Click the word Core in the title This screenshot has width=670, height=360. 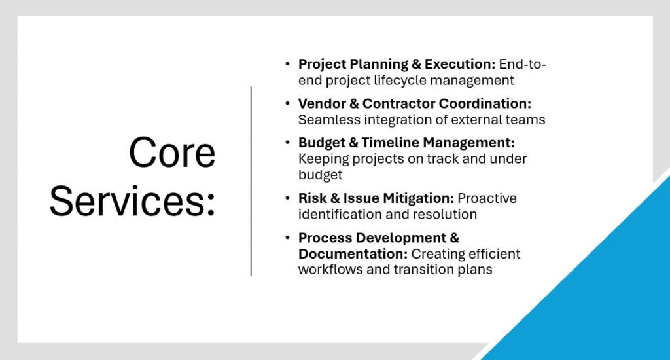tap(172, 153)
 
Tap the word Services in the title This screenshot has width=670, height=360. tap(128, 201)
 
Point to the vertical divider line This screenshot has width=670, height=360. tap(251, 181)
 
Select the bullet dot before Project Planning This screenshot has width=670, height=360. tap(288, 65)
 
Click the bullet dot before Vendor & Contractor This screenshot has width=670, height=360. tap(288, 104)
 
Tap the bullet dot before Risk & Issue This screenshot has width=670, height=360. tap(288, 198)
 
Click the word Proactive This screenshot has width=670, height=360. tap(487, 198)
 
